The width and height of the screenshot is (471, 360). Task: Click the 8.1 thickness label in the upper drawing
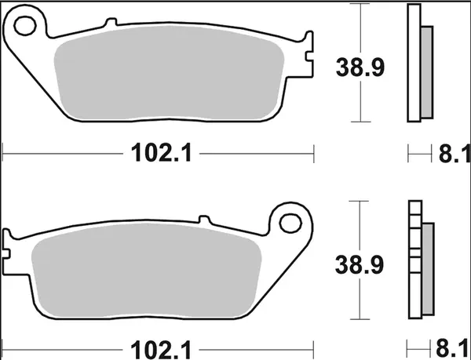(452, 154)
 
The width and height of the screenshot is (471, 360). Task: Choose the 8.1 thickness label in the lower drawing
(452, 345)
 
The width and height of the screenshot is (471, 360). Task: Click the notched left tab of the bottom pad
(9, 243)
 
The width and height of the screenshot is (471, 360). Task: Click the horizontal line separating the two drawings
(235, 180)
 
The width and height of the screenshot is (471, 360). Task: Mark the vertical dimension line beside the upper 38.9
(359, 63)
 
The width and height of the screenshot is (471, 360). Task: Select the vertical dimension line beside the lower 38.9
(359, 259)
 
